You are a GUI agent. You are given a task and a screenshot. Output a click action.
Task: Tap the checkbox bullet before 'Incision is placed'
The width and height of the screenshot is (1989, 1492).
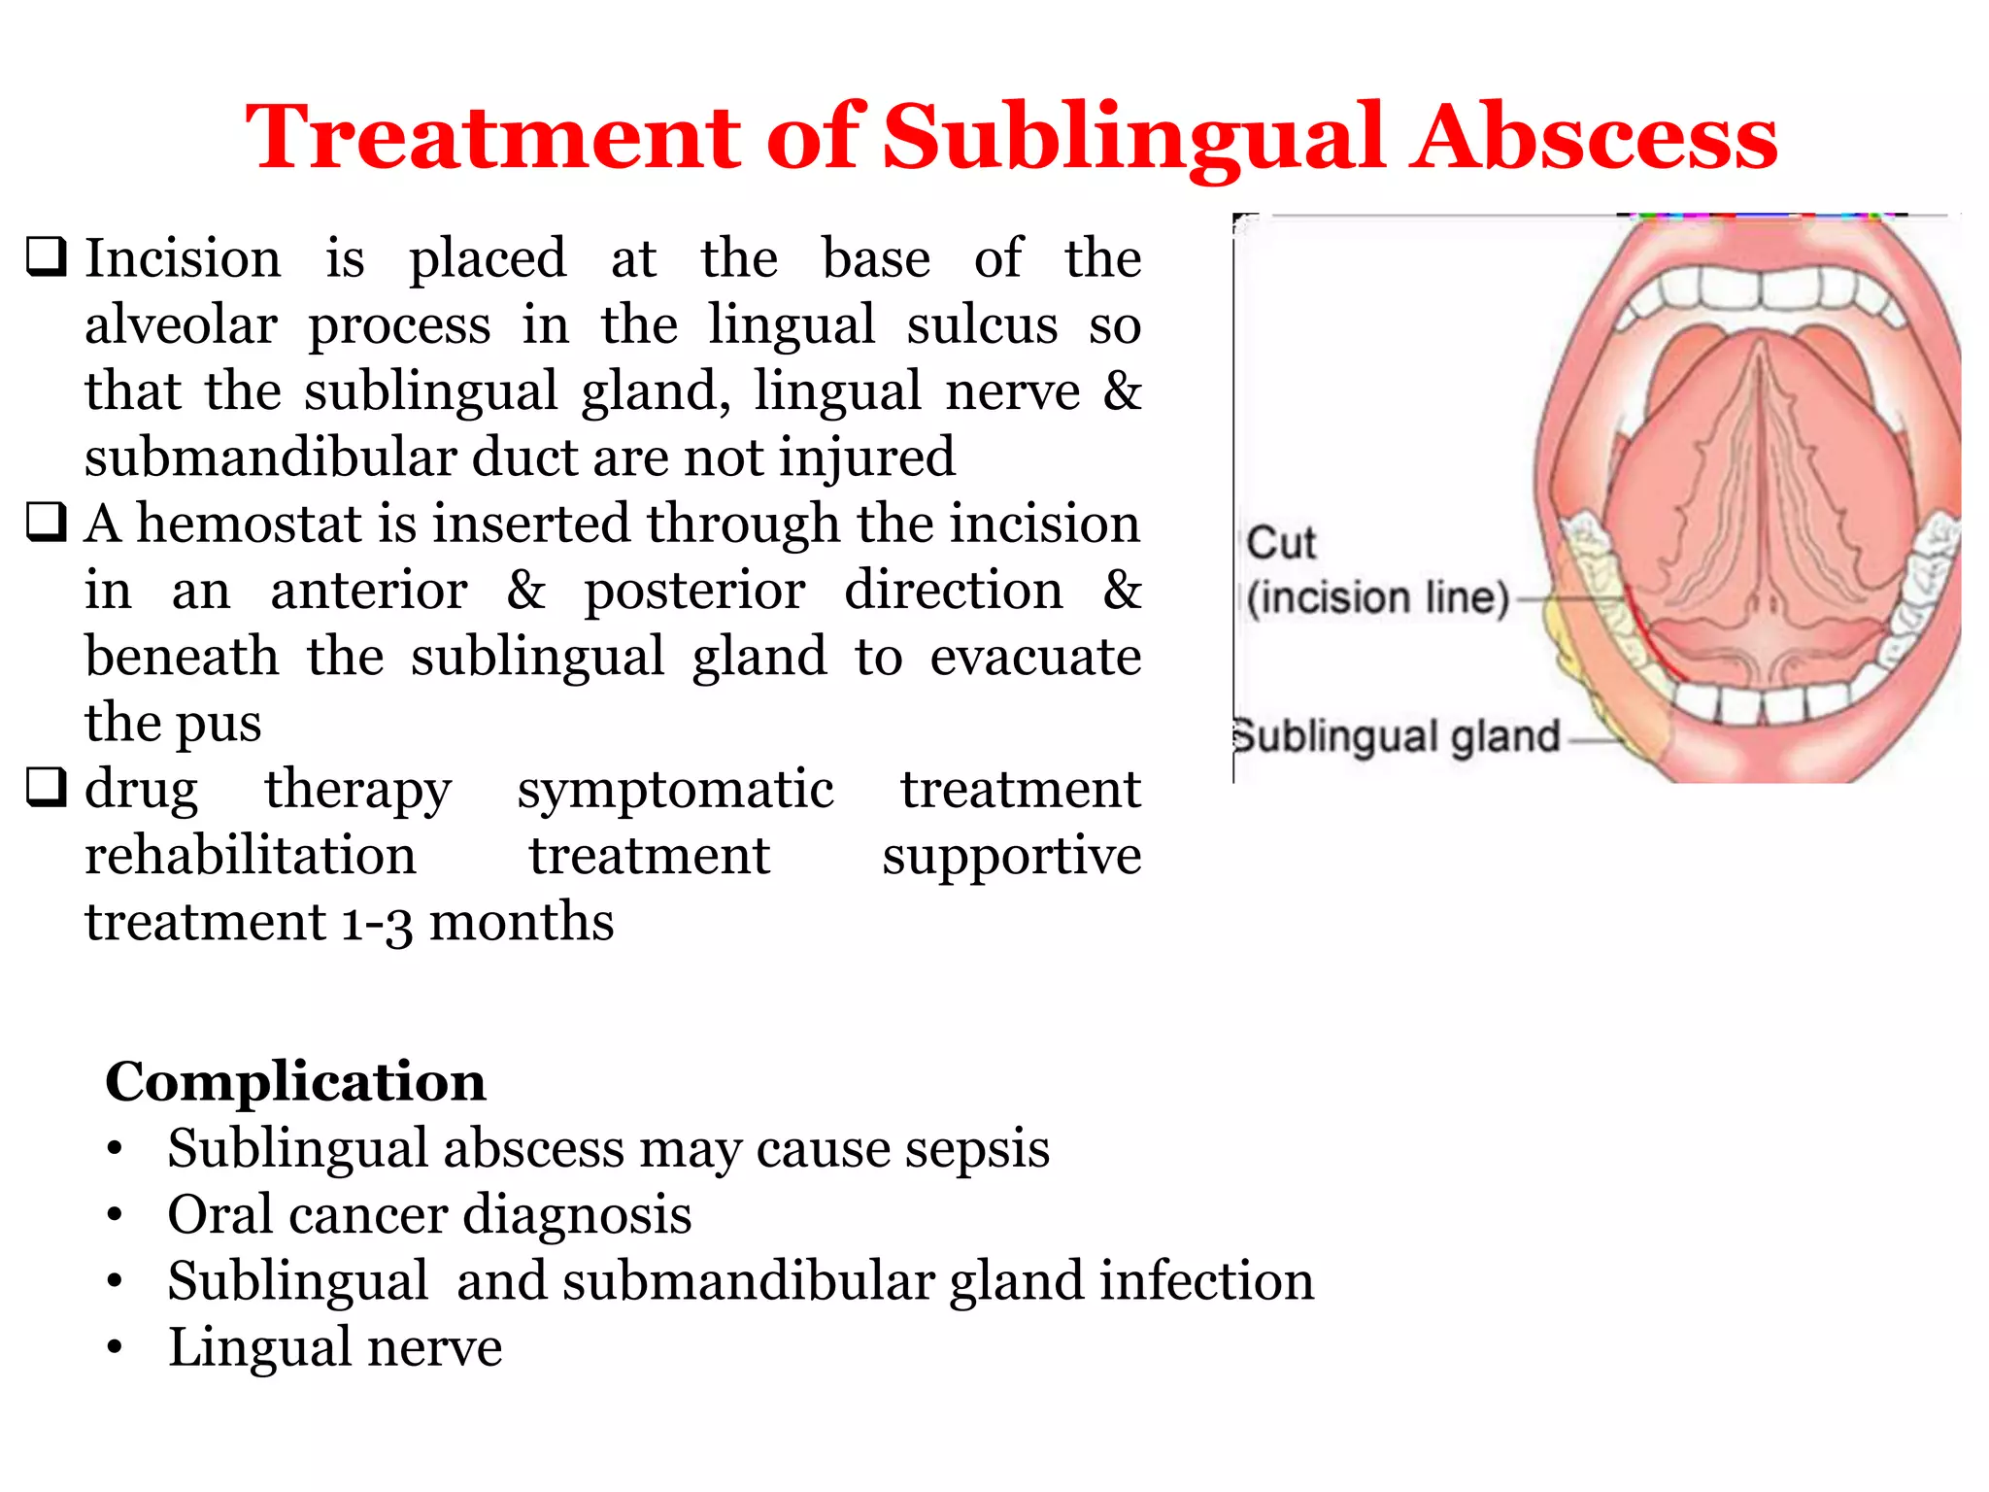point(47,257)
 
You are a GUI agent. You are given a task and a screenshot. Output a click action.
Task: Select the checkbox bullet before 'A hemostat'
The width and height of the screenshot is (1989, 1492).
point(47,523)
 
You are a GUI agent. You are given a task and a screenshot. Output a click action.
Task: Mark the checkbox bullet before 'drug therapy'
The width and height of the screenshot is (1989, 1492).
point(47,787)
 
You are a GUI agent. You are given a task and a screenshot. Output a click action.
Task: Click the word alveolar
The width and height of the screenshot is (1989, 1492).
point(181,324)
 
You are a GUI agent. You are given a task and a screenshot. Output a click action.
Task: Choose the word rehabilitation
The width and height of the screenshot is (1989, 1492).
point(250,855)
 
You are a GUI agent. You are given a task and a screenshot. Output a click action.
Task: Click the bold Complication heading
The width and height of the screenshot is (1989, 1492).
point(295,1081)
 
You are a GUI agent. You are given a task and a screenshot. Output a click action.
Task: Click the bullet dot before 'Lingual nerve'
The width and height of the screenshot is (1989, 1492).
point(116,1348)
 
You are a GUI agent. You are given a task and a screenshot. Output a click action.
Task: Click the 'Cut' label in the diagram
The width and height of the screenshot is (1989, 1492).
point(1281,543)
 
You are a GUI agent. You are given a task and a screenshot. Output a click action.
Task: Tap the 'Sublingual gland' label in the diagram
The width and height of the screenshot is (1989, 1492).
point(1397,736)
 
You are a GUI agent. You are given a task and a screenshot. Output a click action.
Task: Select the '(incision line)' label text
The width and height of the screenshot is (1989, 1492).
point(1378,597)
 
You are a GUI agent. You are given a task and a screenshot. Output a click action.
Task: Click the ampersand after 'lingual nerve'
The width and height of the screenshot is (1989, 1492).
point(1122,390)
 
